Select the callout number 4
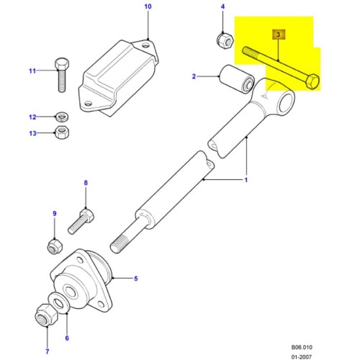point(222,8)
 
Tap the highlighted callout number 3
point(278,34)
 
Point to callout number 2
point(194,76)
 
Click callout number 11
point(32,71)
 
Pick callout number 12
point(32,117)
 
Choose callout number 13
point(32,132)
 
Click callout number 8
point(86,184)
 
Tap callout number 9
point(53,214)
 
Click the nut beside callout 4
point(222,38)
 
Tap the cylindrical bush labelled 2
point(234,80)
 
